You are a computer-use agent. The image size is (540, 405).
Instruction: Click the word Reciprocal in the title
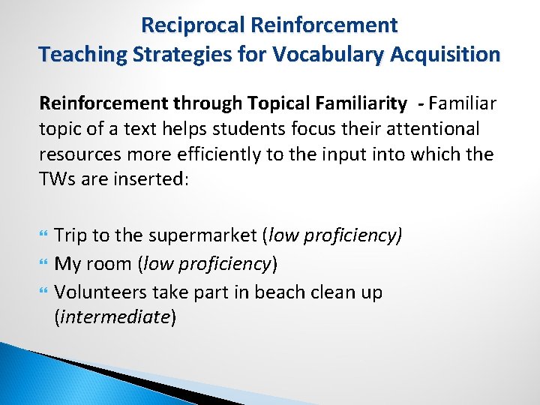coord(193,25)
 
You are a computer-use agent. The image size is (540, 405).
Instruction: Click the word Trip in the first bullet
coord(71,235)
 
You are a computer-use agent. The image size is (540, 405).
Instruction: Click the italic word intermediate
coord(115,317)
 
